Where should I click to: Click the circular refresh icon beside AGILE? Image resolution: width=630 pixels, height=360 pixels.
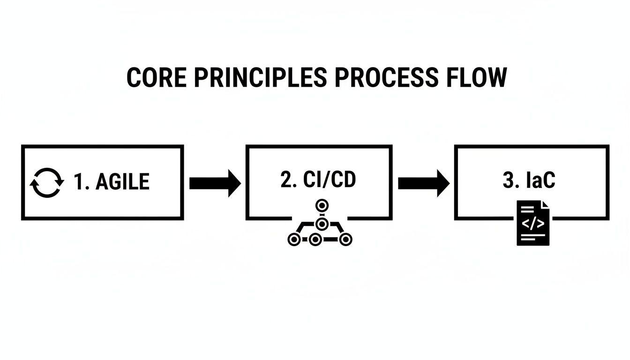point(46,182)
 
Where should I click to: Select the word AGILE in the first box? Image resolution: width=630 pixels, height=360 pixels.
point(122,182)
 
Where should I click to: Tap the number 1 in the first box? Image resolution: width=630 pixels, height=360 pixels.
point(80,182)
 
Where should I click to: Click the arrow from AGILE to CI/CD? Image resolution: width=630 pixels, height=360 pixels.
point(215,182)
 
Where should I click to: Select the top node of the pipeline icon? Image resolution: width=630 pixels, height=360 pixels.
point(321,205)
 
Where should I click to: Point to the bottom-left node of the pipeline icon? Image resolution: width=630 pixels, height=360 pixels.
point(293,239)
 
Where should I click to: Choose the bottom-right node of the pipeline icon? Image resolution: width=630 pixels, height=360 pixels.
point(346,239)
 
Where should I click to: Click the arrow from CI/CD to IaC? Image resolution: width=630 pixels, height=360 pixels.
point(423,182)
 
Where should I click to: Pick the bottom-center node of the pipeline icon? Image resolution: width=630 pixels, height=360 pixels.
point(316,239)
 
